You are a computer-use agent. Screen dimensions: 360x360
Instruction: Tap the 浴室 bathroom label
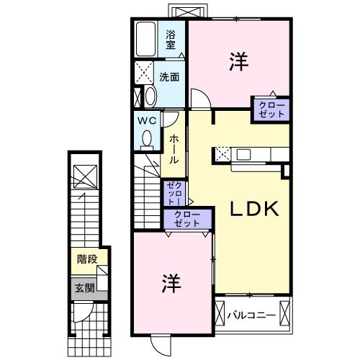171,40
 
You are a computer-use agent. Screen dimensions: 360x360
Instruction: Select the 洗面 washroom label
170,76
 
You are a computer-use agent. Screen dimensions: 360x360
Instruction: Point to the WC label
148,120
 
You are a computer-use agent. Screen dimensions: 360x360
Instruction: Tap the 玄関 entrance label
84,289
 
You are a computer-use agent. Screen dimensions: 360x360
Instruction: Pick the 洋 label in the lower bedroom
171,281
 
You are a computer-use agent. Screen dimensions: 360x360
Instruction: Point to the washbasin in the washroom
150,96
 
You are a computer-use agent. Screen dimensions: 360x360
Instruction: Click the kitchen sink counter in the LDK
252,154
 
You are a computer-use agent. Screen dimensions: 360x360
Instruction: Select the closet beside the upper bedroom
270,109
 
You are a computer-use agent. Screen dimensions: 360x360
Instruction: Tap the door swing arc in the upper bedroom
200,99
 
